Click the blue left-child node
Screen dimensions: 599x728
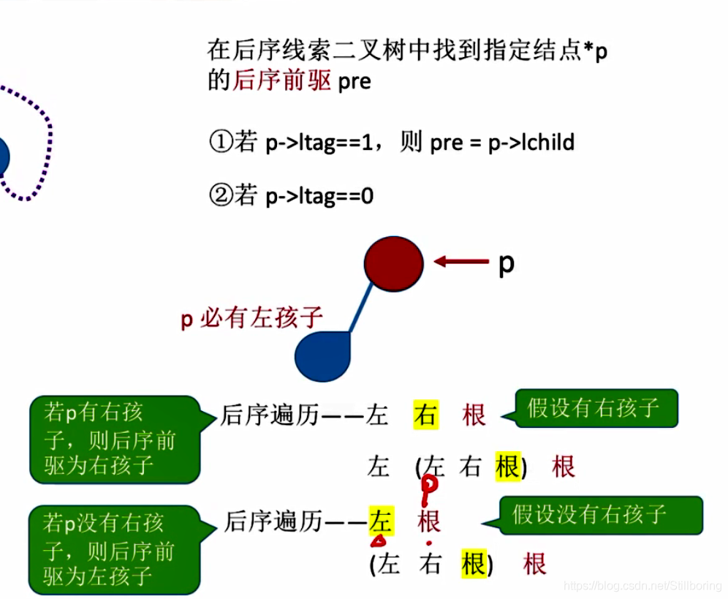[x=324, y=355]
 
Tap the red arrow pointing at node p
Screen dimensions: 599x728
[x=461, y=261]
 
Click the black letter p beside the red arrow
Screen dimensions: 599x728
[x=506, y=263]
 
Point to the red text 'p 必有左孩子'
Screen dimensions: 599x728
[x=251, y=318]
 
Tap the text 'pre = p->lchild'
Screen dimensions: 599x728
[x=502, y=142]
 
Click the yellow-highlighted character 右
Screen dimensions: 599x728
[x=425, y=415]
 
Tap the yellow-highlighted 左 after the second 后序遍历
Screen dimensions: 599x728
[x=381, y=521]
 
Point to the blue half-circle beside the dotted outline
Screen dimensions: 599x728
[x=4, y=157]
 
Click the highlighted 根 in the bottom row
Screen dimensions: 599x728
[x=474, y=565]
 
